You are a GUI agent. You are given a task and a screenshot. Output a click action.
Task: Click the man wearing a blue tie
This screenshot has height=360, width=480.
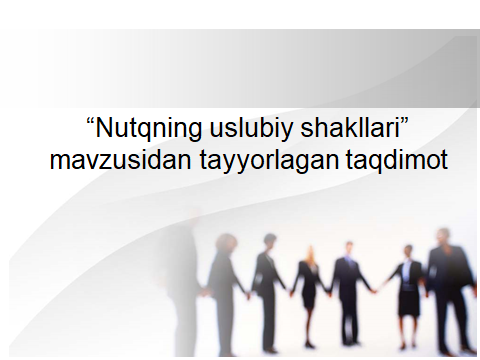(x=350, y=285)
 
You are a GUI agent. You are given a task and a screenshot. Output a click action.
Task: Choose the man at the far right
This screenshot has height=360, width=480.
(x=448, y=285)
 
